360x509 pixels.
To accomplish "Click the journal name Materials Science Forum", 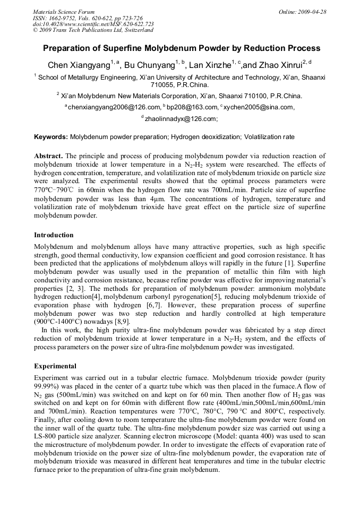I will click(64, 12).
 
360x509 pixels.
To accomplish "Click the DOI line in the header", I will click(93, 24).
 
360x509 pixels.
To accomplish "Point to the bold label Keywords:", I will click(51, 137).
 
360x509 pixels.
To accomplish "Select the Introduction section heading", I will click(54, 235).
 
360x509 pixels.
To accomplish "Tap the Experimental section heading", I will click(55, 366).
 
